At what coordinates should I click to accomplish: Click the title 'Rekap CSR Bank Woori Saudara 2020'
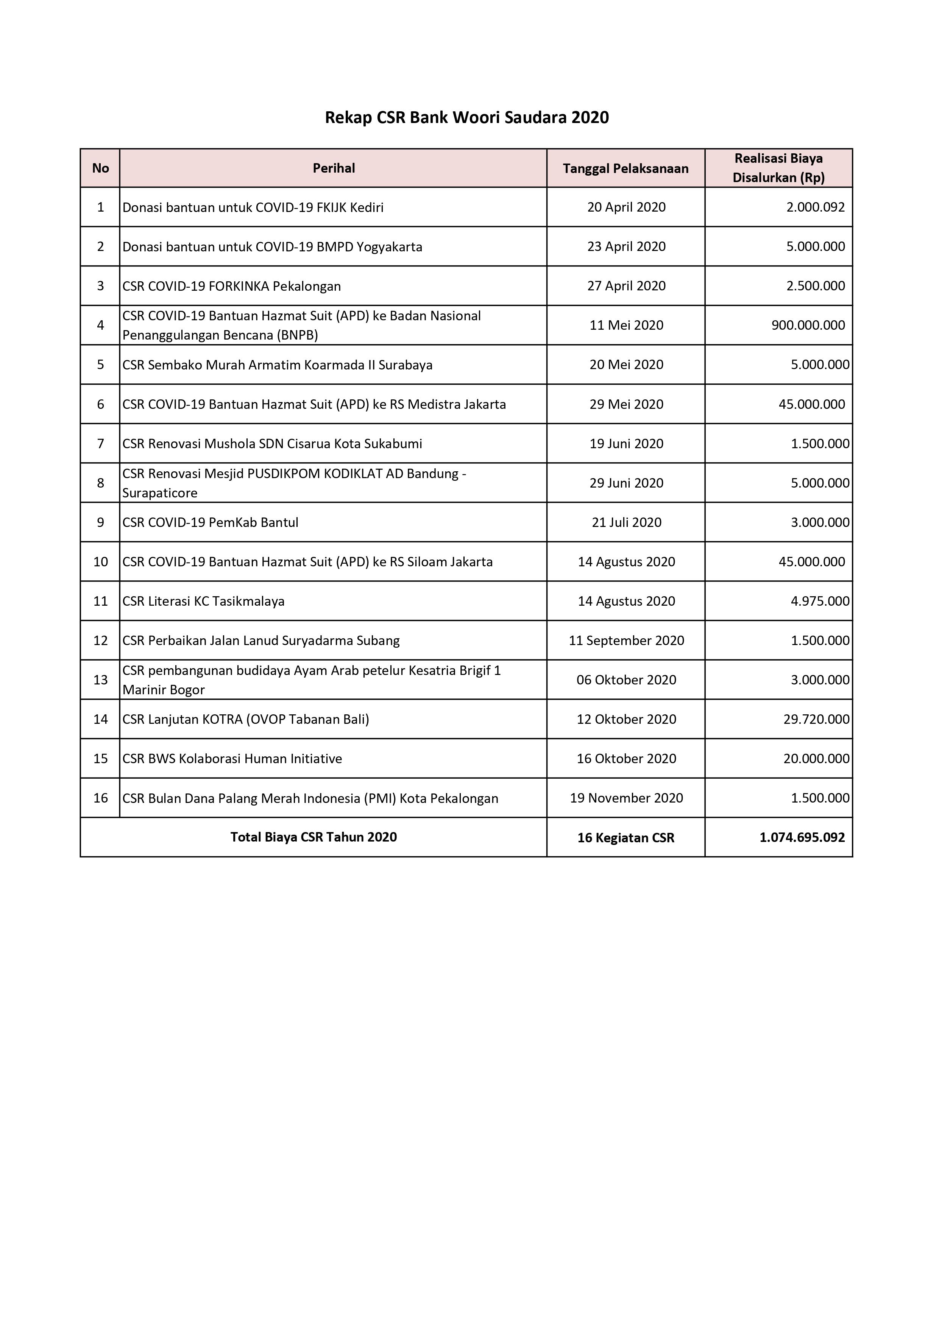tap(466, 117)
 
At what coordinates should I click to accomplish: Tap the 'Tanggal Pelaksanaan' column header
tap(625, 169)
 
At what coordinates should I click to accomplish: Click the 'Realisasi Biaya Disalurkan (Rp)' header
tap(778, 168)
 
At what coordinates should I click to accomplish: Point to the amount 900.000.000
tap(808, 325)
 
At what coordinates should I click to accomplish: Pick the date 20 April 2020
tap(626, 207)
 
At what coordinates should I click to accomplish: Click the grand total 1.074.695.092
tap(802, 837)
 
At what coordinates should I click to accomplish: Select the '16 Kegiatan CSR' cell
tap(625, 837)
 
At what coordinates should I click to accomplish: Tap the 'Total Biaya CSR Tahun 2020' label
tap(314, 837)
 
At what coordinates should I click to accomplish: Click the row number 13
tap(101, 680)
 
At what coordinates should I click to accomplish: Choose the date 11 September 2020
tap(626, 640)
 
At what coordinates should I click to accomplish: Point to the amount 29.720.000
tap(816, 719)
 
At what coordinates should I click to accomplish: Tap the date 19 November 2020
tap(626, 798)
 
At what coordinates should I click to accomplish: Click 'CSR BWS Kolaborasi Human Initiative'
tap(232, 758)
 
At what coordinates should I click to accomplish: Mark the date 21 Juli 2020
tap(626, 522)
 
